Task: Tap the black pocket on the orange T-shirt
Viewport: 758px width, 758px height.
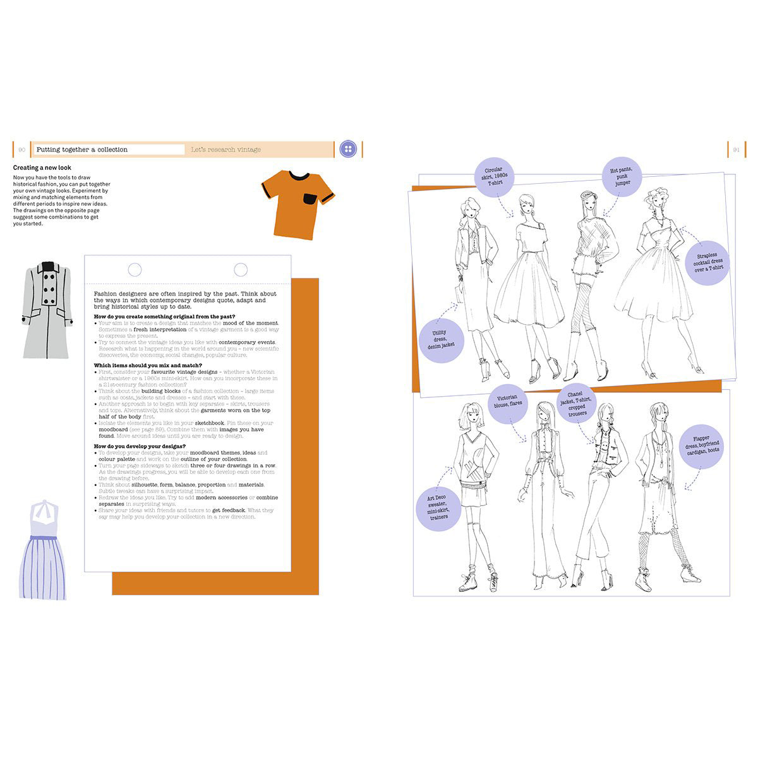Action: tap(310, 199)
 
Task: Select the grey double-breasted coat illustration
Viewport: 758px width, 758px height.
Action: tap(47, 310)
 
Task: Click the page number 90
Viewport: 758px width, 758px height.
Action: tap(21, 150)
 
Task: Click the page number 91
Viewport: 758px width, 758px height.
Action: tap(736, 150)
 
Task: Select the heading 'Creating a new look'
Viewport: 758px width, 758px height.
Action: tap(42, 168)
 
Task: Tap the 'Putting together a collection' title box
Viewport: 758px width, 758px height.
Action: tap(109, 150)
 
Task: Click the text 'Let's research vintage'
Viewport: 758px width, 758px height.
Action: tap(226, 150)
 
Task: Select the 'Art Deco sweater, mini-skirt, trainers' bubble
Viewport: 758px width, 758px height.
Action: tap(436, 508)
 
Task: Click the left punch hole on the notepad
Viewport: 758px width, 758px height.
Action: tap(135, 270)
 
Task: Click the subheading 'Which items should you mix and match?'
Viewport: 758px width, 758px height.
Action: tap(148, 365)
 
